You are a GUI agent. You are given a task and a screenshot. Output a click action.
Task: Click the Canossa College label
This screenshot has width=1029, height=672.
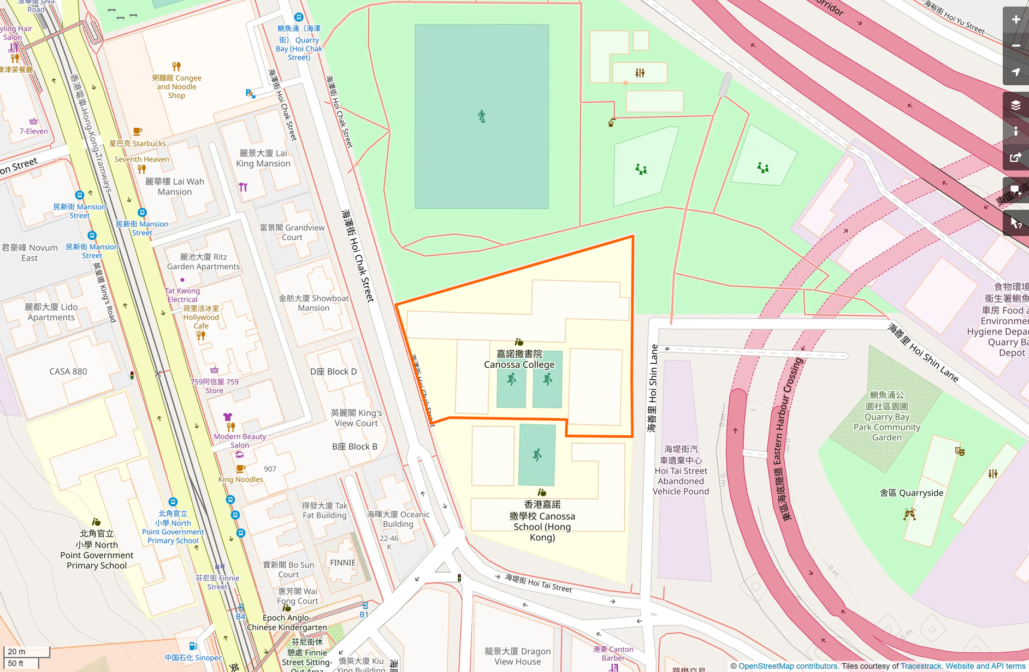click(519, 359)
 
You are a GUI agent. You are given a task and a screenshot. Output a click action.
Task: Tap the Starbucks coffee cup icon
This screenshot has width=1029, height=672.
click(138, 132)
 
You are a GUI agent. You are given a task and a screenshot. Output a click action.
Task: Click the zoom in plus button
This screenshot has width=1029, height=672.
click(1015, 20)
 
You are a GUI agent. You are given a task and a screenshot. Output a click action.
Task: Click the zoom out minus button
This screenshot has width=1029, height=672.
click(1015, 46)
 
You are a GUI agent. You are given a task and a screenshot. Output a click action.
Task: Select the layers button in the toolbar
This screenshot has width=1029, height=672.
click(1015, 105)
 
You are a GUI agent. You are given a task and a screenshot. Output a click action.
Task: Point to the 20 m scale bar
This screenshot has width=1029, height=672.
click(27, 652)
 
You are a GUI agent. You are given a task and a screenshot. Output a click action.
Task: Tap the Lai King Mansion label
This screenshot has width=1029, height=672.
click(263, 158)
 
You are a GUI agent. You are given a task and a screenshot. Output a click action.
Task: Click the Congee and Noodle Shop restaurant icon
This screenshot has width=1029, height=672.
click(176, 67)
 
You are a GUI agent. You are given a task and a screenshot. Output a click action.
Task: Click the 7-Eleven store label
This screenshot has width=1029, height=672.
click(34, 131)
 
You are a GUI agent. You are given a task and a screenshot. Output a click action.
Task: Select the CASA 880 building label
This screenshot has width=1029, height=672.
click(68, 372)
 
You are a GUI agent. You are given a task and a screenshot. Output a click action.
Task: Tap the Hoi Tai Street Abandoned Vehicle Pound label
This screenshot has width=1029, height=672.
click(681, 470)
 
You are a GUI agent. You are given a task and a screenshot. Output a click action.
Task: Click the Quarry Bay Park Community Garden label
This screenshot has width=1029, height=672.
click(886, 416)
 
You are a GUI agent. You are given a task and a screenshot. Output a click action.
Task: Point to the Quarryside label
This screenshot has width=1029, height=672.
click(912, 493)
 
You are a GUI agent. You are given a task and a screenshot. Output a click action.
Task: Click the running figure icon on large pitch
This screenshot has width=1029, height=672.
click(481, 116)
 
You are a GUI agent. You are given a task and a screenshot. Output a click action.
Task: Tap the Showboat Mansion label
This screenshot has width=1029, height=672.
click(314, 303)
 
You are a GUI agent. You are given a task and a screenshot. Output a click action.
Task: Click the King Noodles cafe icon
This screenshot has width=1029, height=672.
click(240, 469)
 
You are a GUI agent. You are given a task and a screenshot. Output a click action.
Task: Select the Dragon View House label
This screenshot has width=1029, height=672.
click(517, 656)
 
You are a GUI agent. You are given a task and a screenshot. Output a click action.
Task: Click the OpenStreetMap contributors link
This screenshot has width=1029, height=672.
click(788, 666)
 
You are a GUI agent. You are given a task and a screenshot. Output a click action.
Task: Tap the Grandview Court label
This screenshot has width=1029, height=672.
click(292, 232)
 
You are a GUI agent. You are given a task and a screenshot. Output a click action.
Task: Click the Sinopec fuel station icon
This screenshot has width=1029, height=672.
click(192, 646)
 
